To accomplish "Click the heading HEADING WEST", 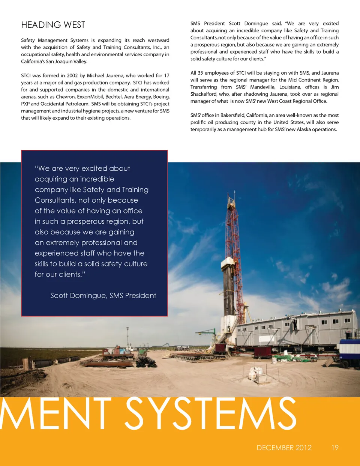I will click(53, 25).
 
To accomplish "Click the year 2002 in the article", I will click(72, 75).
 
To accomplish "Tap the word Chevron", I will click(66, 97).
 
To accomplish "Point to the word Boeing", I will click(161, 97).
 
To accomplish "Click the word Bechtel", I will click(114, 97).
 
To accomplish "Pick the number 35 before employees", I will click(200, 73).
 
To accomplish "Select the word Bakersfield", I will click(232, 115).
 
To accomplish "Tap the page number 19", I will click(335, 448).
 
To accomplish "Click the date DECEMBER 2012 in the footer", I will click(284, 448).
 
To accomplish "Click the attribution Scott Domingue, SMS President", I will click(103, 296).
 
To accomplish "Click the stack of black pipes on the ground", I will click(146, 362).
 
